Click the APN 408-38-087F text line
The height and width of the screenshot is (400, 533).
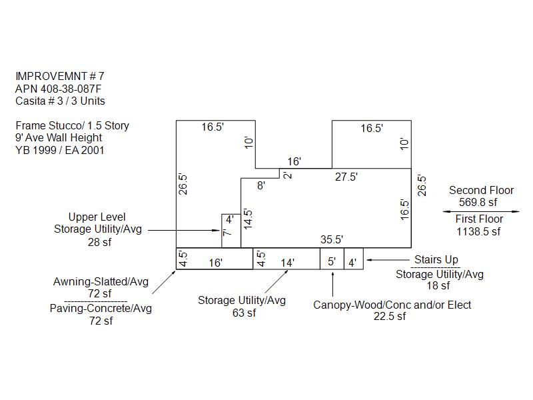tap(58, 89)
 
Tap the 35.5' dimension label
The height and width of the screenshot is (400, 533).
tap(331, 239)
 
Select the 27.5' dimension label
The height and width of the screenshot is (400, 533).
tap(346, 177)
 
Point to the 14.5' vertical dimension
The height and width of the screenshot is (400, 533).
tap(248, 219)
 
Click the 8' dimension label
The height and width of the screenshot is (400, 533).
tap(261, 185)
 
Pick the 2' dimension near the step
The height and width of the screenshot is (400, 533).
tap(288, 175)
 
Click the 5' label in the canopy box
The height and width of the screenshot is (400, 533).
tap(332, 261)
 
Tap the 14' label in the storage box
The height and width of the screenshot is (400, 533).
tap(287, 263)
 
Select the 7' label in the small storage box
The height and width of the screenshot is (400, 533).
tap(227, 233)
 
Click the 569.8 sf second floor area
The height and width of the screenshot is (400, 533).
tap(478, 203)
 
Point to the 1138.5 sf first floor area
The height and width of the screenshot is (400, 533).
tap(478, 231)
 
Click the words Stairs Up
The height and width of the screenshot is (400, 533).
tap(436, 259)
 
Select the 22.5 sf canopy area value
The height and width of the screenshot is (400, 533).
tap(390, 316)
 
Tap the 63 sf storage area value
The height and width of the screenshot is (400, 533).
tap(244, 313)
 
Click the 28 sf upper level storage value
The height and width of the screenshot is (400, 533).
tap(99, 242)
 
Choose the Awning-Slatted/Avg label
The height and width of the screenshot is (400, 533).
tap(101, 281)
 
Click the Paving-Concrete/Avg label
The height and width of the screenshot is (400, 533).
tap(101, 308)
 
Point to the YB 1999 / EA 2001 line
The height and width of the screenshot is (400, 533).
tap(60, 150)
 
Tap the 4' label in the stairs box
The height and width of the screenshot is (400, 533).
tap(352, 263)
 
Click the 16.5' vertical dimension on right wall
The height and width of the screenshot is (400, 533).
tap(404, 209)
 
